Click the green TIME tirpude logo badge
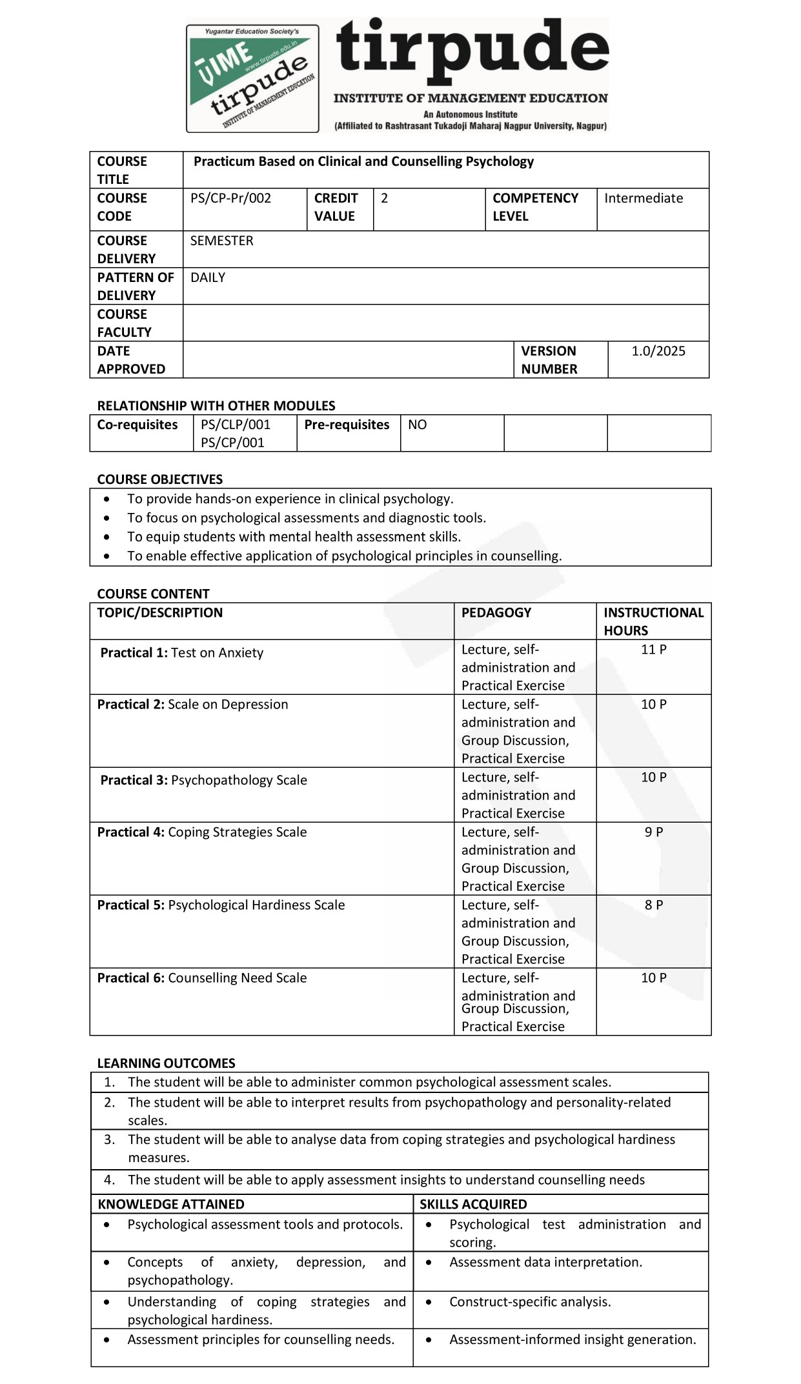[252, 79]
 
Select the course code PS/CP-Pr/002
[230, 198]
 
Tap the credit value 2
[385, 198]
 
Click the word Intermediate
[643, 198]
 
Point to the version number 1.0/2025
[658, 351]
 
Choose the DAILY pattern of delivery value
[208, 277]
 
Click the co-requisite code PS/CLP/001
[236, 425]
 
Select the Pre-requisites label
[347, 425]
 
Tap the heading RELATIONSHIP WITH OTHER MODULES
[216, 406]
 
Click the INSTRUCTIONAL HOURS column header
[653, 621]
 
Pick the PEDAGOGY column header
[496, 612]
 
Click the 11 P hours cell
[653, 649]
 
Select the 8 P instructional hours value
[653, 905]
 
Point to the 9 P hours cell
[653, 832]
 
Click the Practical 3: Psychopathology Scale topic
[203, 780]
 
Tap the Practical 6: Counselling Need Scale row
[202, 978]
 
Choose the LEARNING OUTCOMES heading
[166, 1063]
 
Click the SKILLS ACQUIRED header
[473, 1204]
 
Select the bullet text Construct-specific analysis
[530, 1301]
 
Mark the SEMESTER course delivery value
[221, 241]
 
